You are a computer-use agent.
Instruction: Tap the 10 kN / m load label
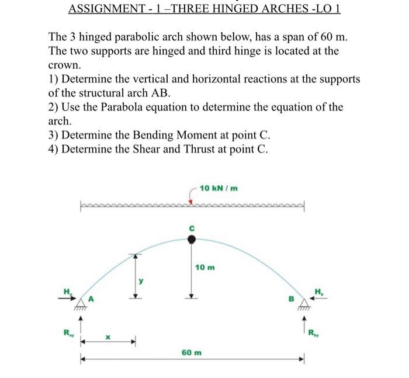[218, 188]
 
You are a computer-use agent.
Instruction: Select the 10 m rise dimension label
[204, 267]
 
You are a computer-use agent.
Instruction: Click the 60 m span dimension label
[191, 353]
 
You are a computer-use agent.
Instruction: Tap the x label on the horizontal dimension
[107, 337]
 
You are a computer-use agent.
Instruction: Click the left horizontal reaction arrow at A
[72, 297]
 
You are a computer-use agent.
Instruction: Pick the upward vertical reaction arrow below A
[81, 324]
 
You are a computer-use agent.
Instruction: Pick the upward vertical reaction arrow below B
[303, 324]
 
